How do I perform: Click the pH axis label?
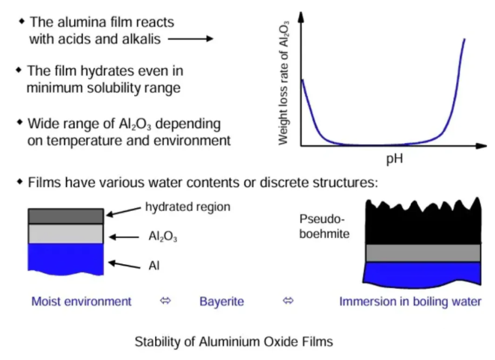[395, 159]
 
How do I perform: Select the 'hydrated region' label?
[187, 207]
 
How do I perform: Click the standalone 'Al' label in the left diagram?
[154, 264]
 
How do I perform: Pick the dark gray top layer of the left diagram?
[66, 216]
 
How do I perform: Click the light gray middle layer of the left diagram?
[66, 234]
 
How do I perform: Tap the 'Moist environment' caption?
[81, 302]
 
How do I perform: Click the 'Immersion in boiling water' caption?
[410, 302]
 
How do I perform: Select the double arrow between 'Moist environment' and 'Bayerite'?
[165, 302]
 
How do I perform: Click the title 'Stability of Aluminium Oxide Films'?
[233, 341]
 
